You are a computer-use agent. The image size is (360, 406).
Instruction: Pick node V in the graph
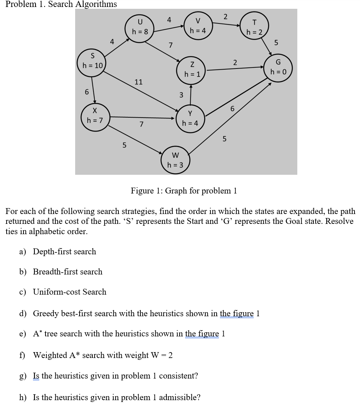(x=198, y=26)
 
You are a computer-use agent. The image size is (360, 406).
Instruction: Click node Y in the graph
(x=190, y=118)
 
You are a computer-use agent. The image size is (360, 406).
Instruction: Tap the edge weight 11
(x=139, y=82)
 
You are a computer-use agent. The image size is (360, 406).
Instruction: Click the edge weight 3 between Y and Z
(x=181, y=95)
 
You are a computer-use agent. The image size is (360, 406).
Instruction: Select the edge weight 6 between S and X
(x=87, y=92)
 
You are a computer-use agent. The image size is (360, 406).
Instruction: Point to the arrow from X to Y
(x=143, y=118)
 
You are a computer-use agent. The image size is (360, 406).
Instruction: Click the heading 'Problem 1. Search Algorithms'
(x=62, y=4)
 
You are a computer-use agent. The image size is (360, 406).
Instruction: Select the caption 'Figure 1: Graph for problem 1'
(x=184, y=191)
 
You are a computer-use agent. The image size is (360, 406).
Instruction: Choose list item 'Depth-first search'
(x=65, y=251)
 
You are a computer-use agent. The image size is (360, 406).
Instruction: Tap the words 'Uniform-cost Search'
(x=70, y=292)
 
